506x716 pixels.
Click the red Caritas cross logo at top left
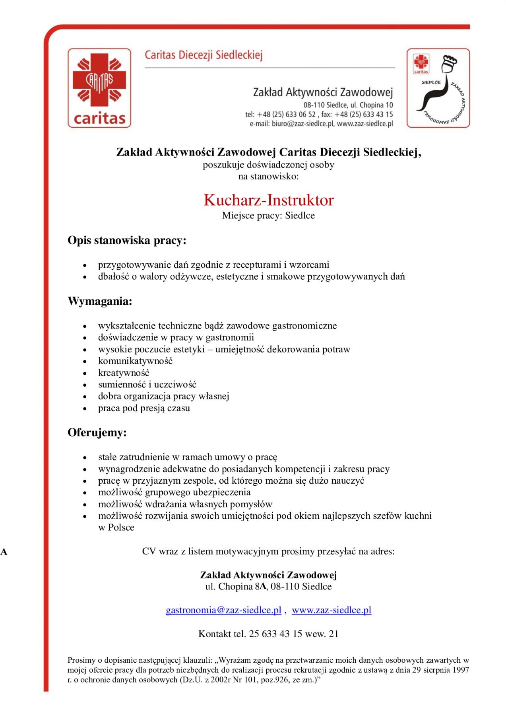click(99, 88)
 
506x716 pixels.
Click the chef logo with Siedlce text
click(438, 88)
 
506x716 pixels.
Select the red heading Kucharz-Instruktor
click(269, 200)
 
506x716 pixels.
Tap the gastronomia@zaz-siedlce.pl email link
click(223, 610)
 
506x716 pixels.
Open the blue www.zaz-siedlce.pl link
click(332, 610)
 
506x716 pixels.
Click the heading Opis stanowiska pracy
click(127, 241)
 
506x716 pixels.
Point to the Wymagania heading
click(100, 301)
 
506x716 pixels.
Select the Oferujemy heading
click(97, 432)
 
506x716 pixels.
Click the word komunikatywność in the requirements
click(135, 361)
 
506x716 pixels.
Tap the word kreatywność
click(124, 373)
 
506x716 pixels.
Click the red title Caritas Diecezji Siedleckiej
click(204, 55)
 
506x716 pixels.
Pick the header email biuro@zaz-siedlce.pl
click(303, 124)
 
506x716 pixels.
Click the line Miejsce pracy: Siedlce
click(268, 216)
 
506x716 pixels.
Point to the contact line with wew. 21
click(268, 634)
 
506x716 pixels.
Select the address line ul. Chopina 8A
click(268, 587)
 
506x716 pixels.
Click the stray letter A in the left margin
click(4, 552)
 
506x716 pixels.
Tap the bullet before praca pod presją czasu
click(85, 409)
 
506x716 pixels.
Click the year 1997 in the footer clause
click(460, 670)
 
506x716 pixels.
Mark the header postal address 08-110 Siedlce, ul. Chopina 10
click(348, 105)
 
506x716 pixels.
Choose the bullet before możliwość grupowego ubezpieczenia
click(85, 493)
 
